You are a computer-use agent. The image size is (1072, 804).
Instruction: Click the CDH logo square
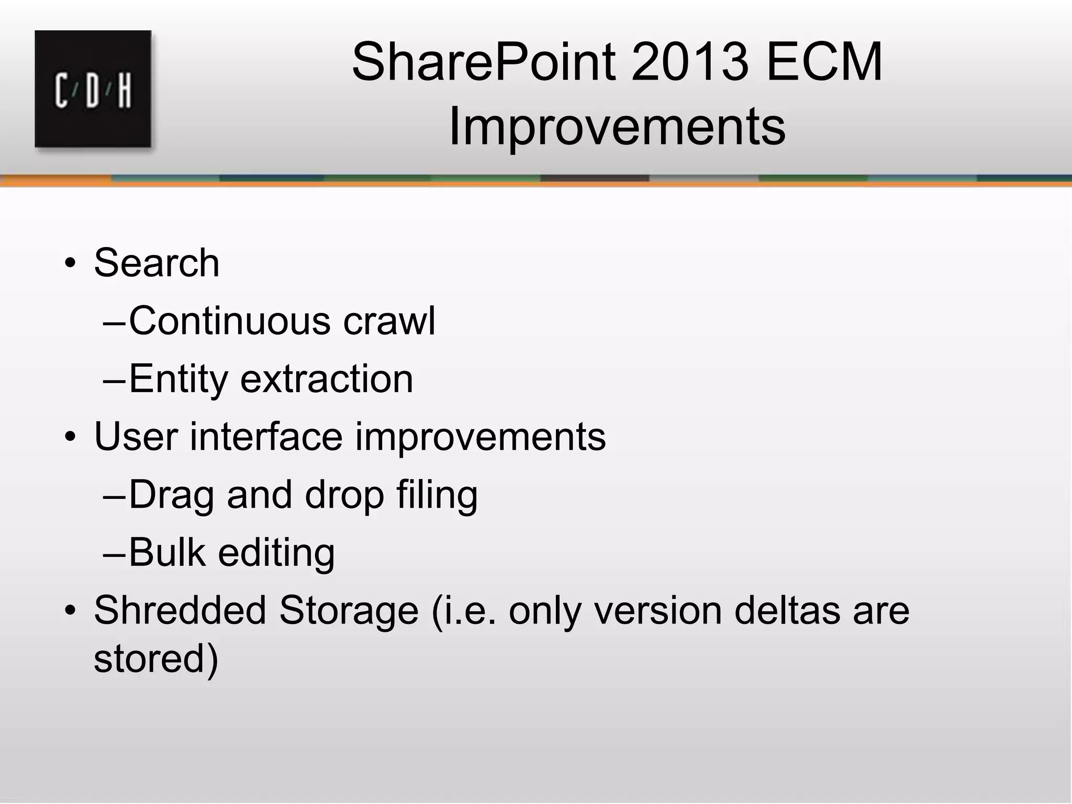click(93, 89)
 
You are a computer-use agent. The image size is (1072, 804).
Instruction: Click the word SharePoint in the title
click(484, 62)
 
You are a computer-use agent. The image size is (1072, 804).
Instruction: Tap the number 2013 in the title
click(690, 62)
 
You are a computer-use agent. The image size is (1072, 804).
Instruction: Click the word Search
click(156, 263)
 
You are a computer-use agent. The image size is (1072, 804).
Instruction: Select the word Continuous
click(229, 321)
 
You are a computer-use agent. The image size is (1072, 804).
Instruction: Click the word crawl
click(389, 321)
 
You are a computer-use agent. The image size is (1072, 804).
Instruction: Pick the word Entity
click(178, 379)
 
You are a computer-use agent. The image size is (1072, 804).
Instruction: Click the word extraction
click(327, 379)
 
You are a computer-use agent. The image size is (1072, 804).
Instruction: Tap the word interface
click(265, 437)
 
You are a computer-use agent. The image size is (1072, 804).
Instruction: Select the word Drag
click(171, 495)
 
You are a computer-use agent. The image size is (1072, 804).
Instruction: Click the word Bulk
click(167, 553)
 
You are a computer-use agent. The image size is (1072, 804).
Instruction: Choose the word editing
click(276, 553)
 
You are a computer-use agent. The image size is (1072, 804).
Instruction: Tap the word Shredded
click(180, 610)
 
